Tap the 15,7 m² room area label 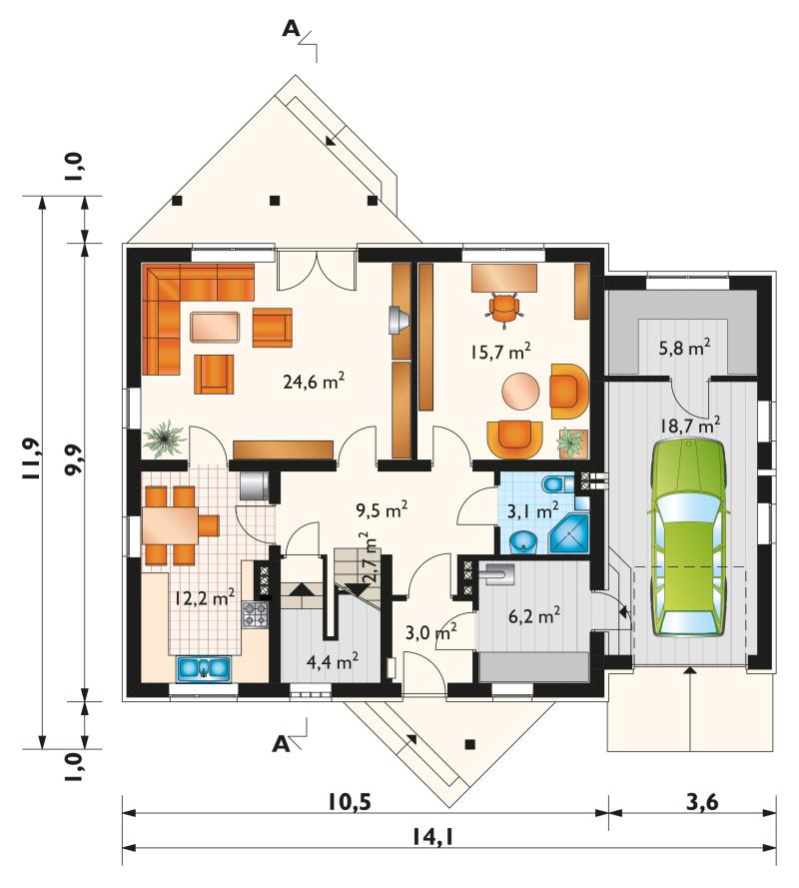(x=499, y=352)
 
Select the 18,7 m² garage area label (x=690, y=425)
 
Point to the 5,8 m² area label (x=684, y=348)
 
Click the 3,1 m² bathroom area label (x=532, y=511)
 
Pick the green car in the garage (x=690, y=538)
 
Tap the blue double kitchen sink (x=205, y=667)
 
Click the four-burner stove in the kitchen (x=255, y=614)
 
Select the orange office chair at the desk (x=504, y=309)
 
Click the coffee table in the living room (x=214, y=328)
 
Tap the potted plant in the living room (x=164, y=439)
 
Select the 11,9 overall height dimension (x=31, y=458)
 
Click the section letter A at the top (x=291, y=29)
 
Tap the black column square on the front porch (x=469, y=745)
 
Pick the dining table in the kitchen (x=170, y=525)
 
